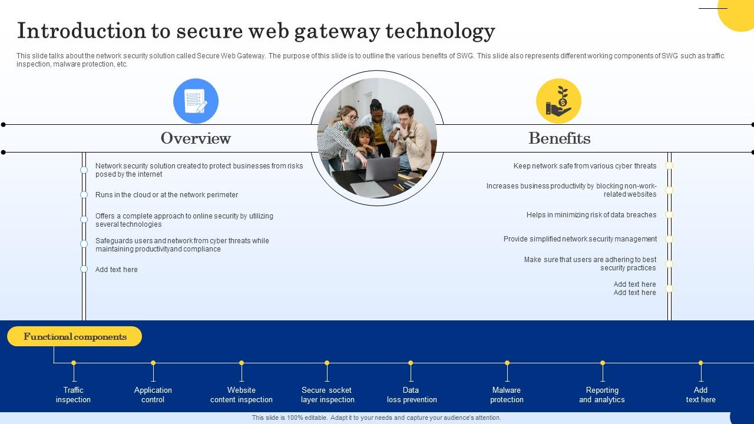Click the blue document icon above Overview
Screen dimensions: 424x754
[x=196, y=101]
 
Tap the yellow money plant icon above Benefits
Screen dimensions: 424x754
[x=558, y=101]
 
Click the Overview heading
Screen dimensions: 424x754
[x=196, y=138]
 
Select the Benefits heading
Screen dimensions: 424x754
[x=559, y=138]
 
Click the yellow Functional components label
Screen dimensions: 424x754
[x=75, y=337]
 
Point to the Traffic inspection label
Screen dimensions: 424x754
[x=73, y=395]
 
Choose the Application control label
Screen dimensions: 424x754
[x=153, y=395]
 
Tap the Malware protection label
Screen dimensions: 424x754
[x=507, y=395]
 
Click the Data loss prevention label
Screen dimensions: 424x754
[x=412, y=395]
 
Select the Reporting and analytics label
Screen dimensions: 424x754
[x=602, y=395]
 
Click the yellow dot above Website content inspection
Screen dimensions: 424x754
[x=242, y=363]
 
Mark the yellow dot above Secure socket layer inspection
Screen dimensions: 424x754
[x=327, y=363]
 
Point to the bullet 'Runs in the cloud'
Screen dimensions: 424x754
[x=167, y=195]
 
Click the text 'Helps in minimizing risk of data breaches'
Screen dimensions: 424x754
[x=591, y=215]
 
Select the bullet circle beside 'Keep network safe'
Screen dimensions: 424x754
[x=669, y=166]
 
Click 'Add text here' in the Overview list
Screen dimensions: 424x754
[x=117, y=270]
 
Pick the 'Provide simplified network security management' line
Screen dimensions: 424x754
[x=580, y=239]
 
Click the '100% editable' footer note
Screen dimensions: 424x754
[x=376, y=418]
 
